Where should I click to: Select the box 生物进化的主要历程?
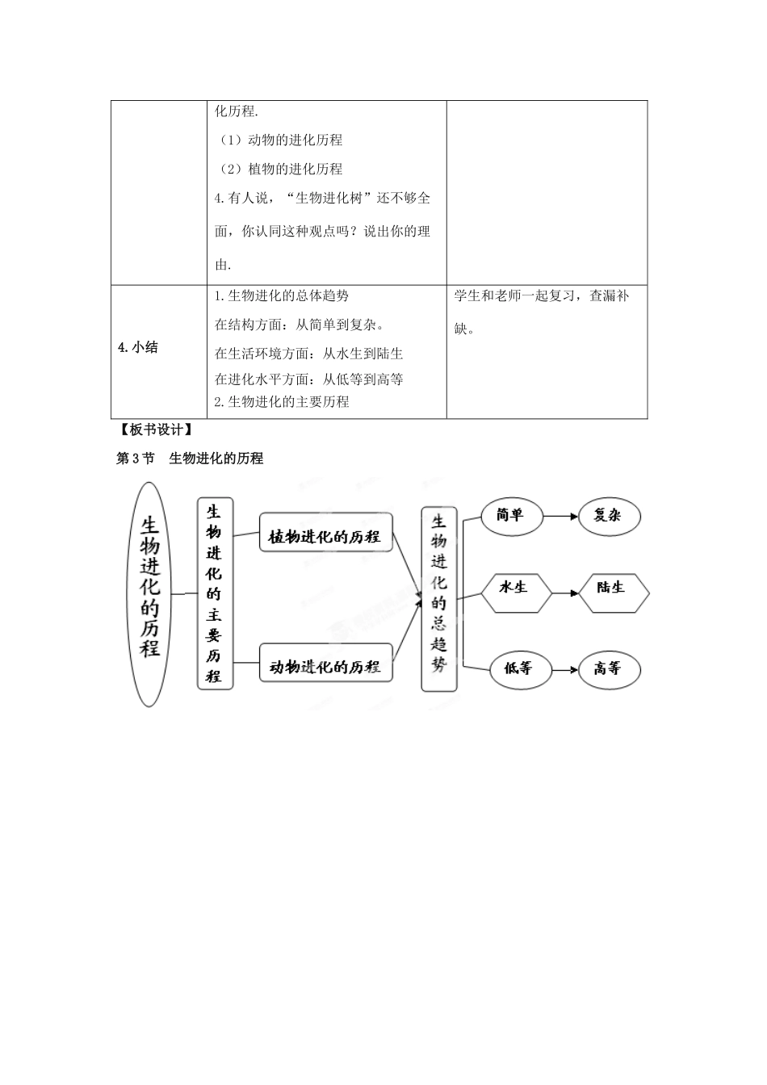point(215,593)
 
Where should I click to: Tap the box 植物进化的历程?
point(325,532)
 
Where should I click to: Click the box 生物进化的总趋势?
point(438,599)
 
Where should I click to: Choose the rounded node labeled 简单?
point(512,515)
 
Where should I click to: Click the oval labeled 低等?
point(517,668)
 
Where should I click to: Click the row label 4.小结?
point(138,348)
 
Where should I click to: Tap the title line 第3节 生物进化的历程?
point(191,459)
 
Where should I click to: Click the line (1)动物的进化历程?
point(281,140)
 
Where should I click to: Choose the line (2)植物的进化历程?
point(281,169)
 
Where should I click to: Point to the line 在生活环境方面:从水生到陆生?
point(309,354)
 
